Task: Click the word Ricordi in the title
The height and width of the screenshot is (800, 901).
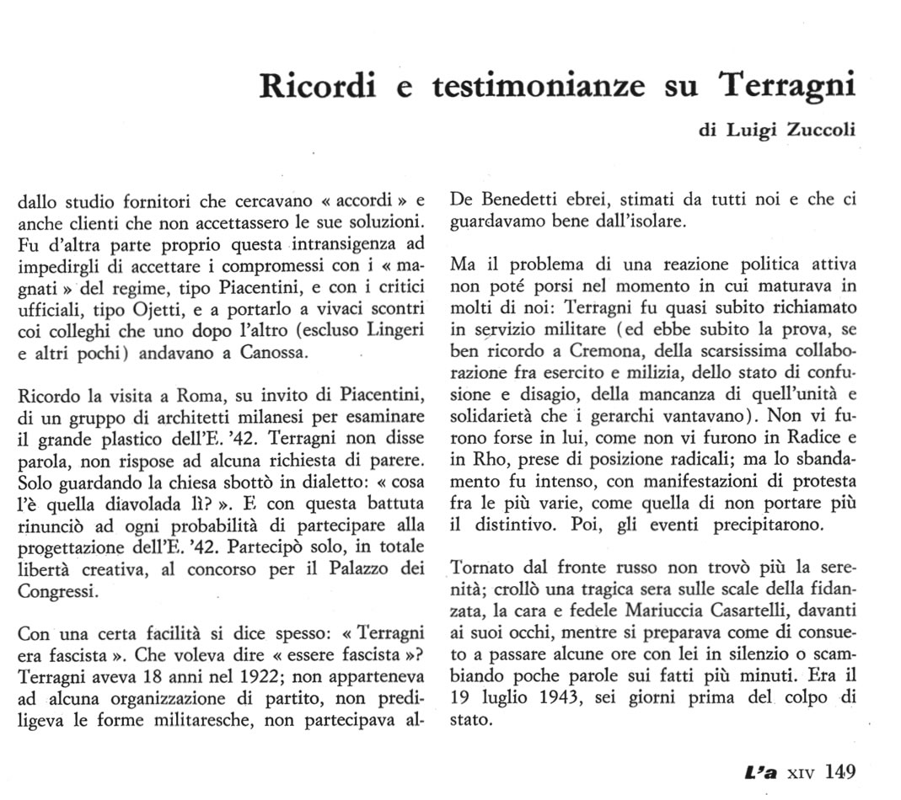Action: click(x=316, y=87)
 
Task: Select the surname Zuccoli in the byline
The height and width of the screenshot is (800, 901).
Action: click(x=818, y=131)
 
